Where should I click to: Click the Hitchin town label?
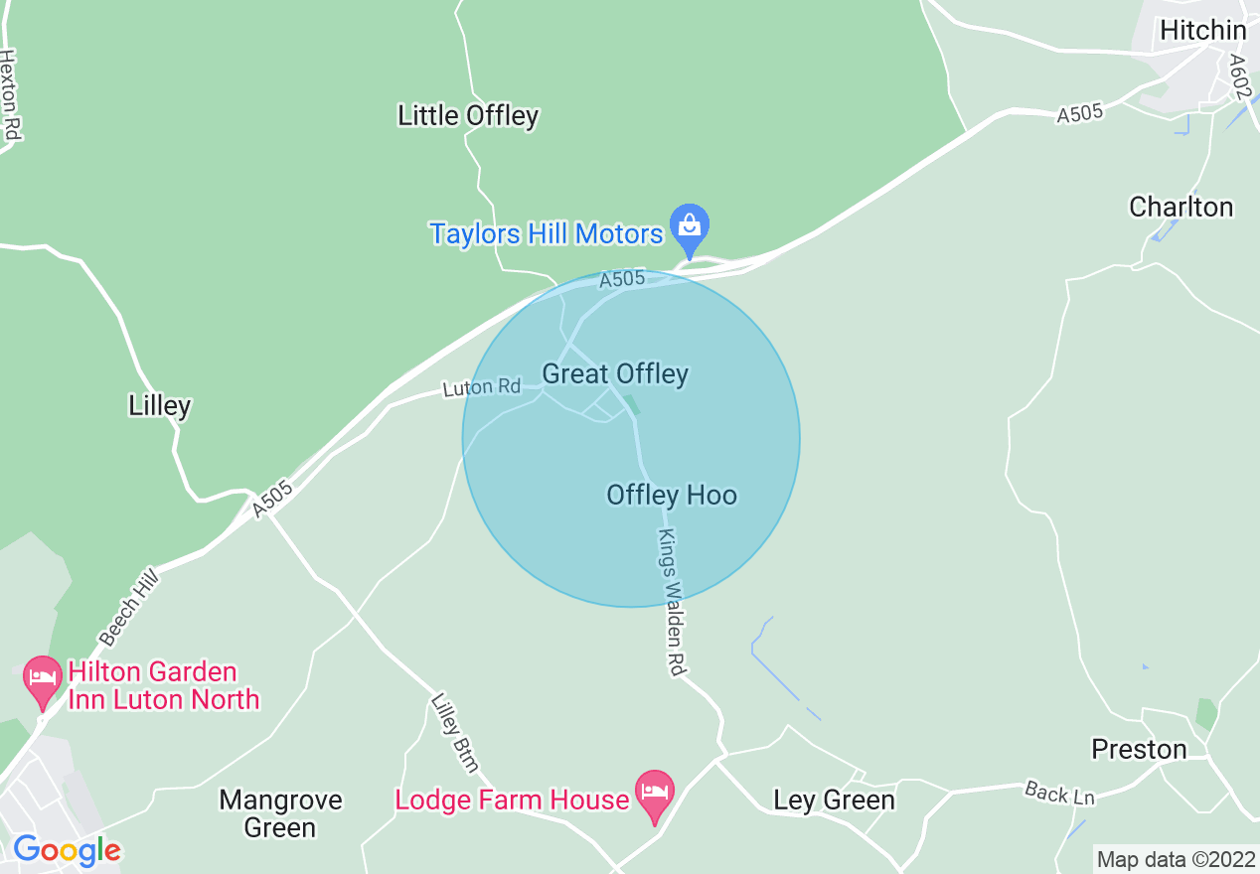(1202, 31)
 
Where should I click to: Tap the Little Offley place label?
(468, 116)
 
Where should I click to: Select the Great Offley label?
(615, 374)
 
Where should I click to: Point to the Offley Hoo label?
(672, 495)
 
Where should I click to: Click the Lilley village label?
(160, 405)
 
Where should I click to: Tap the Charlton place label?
(1181, 207)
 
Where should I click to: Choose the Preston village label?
(1139, 749)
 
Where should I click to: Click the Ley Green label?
(834, 800)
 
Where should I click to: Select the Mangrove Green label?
(280, 813)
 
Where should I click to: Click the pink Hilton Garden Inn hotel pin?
(42, 680)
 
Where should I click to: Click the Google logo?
(67, 850)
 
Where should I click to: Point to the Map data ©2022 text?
(1176, 859)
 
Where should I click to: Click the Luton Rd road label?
(482, 386)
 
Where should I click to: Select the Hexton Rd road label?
(11, 95)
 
